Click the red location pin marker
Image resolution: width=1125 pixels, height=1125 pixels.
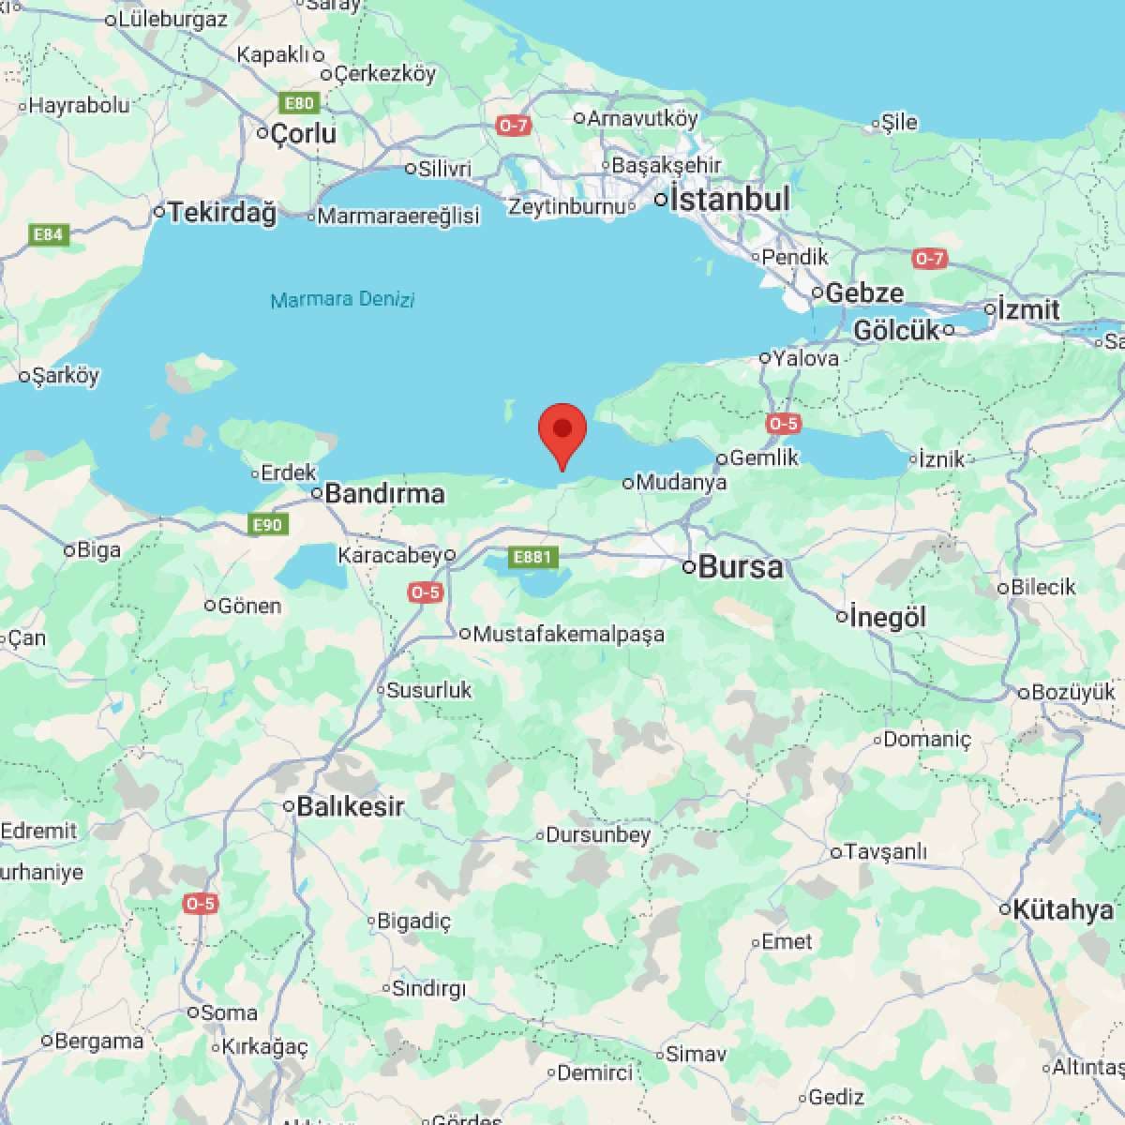click(562, 431)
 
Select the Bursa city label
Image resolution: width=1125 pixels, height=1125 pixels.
click(741, 567)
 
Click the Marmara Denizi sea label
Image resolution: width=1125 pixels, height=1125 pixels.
click(342, 300)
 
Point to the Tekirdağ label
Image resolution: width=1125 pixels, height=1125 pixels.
click(222, 213)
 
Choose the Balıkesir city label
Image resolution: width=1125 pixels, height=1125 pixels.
click(350, 806)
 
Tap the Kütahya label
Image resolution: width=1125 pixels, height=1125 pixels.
click(1063, 909)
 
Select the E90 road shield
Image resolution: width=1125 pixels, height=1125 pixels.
click(268, 524)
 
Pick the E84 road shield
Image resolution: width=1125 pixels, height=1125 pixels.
click(49, 234)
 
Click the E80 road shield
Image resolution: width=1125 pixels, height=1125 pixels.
click(300, 103)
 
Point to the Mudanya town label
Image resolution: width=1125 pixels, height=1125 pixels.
click(681, 483)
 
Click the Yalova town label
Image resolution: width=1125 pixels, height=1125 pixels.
click(805, 358)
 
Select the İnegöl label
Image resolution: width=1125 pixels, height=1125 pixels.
click(888, 617)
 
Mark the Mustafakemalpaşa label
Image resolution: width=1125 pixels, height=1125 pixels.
click(569, 635)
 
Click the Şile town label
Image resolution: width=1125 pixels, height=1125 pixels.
click(899, 122)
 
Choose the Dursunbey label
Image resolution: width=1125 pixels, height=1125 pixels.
click(597, 834)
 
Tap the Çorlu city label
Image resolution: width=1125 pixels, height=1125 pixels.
click(303, 133)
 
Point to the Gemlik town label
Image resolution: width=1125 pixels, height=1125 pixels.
click(763, 457)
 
